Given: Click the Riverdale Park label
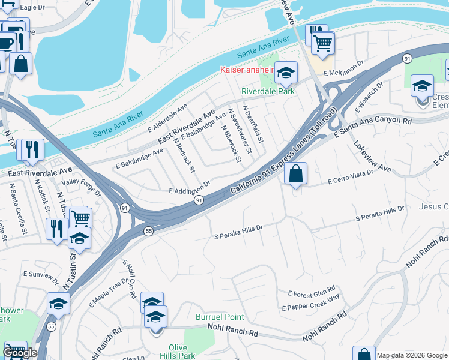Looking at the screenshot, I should point(268,92).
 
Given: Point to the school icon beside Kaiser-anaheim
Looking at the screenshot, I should point(286,73).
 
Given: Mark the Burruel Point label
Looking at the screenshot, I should point(220,317).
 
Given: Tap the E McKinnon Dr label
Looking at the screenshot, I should point(343,68).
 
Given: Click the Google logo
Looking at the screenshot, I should point(20,353).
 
